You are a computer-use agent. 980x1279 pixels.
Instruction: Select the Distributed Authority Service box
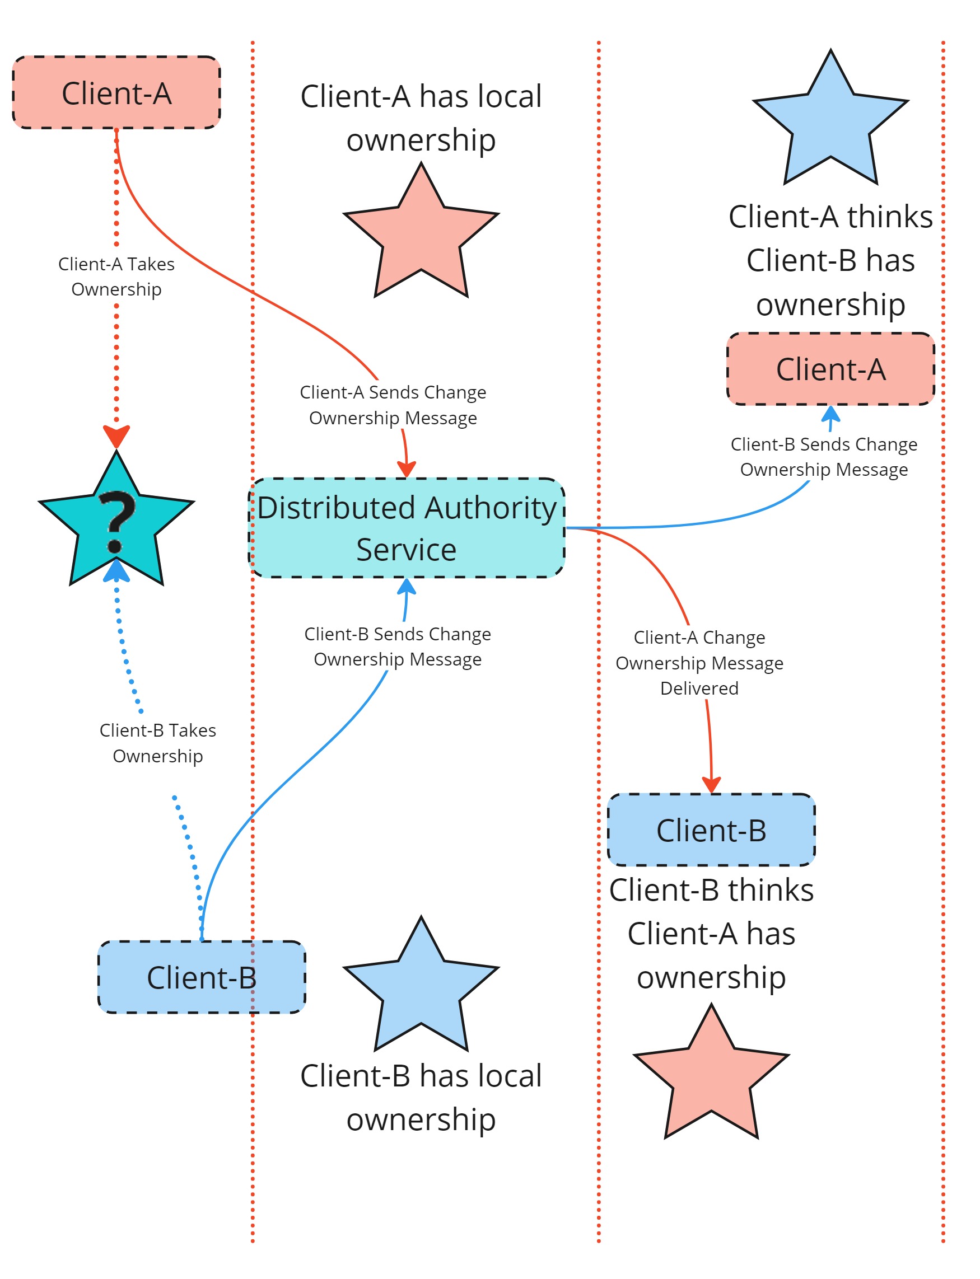point(407,528)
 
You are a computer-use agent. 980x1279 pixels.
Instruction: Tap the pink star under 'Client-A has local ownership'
point(421,233)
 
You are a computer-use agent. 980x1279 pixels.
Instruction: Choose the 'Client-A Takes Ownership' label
point(116,277)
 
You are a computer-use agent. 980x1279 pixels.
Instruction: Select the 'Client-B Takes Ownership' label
point(158,743)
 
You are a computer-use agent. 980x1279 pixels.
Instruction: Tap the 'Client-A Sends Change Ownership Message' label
point(393,405)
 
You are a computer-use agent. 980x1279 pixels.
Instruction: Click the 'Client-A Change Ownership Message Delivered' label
point(699,663)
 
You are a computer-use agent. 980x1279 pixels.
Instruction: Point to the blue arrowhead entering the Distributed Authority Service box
point(407,587)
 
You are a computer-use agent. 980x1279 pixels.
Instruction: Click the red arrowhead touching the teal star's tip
point(116,436)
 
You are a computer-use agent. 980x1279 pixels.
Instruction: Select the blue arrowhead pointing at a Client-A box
point(830,414)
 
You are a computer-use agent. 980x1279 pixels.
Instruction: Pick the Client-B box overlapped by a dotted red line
point(202,978)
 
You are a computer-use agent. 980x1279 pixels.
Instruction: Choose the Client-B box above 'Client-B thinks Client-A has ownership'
point(711,830)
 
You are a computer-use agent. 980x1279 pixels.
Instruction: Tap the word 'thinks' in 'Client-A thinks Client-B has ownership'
point(890,217)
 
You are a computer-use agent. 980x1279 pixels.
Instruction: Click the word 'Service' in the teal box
point(407,550)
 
